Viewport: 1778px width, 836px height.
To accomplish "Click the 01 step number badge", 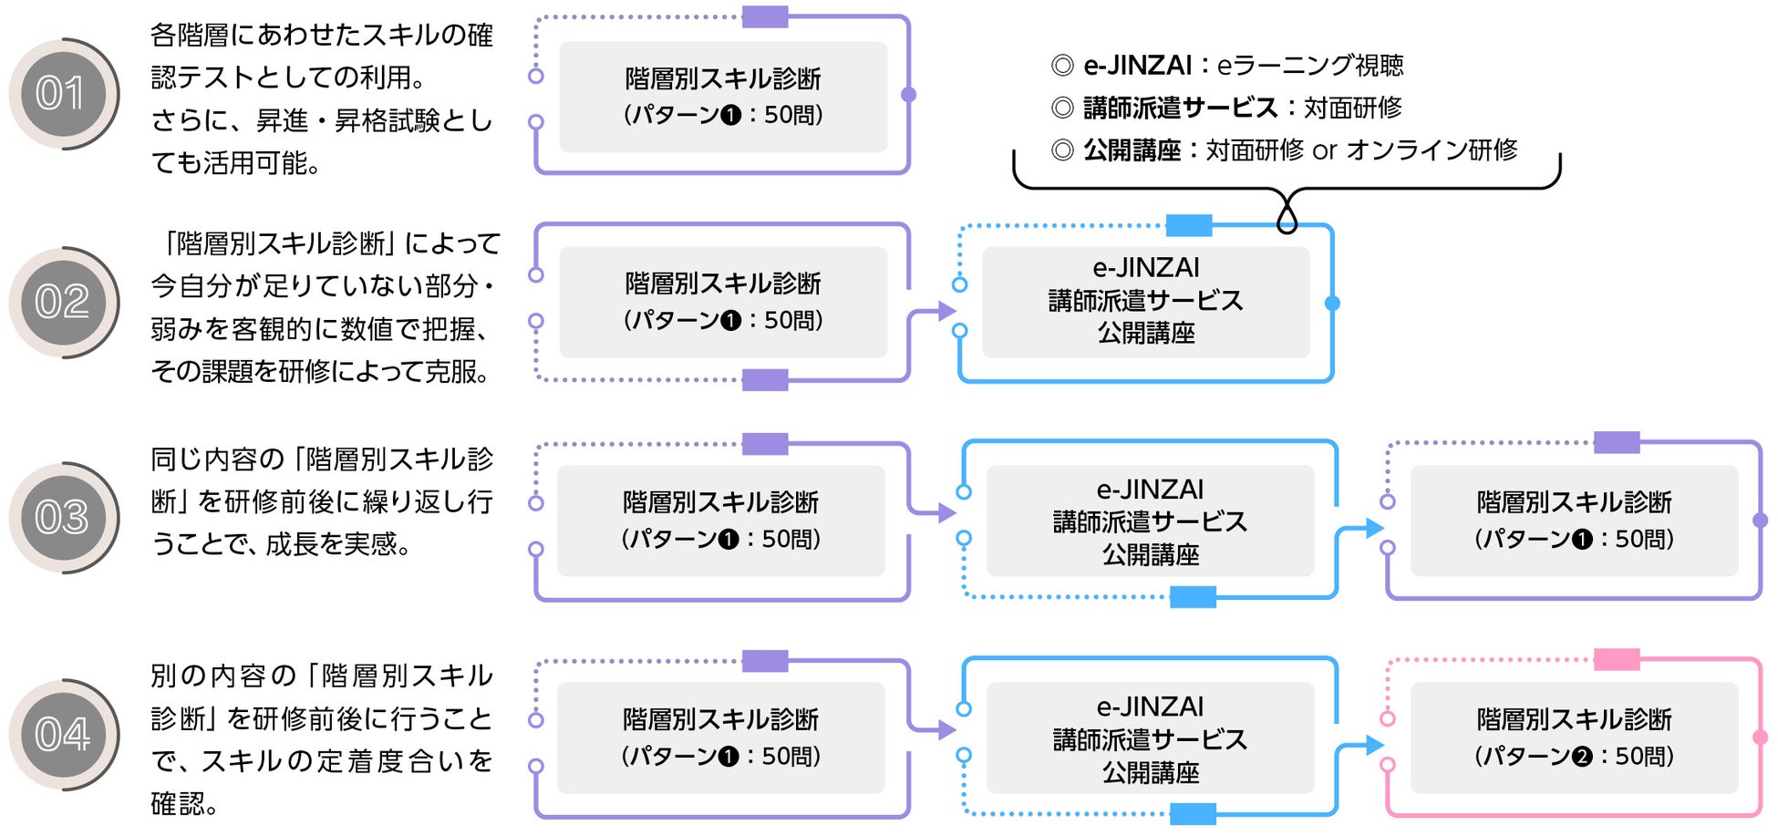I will pos(62,94).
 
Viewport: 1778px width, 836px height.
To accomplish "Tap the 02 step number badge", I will pos(62,303).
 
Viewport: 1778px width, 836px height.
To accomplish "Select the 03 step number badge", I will pos(62,518).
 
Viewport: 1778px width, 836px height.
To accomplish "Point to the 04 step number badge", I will pos(62,735).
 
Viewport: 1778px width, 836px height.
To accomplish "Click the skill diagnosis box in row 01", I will pos(723,97).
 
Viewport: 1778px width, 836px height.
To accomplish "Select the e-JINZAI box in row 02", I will pos(1145,301).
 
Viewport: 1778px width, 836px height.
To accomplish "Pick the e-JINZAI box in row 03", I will pos(1150,521).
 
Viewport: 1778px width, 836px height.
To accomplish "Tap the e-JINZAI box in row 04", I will pos(1150,738).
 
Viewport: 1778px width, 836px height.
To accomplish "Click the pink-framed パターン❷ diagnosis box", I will pos(1574,738).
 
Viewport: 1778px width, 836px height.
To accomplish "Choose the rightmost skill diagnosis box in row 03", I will pos(1574,521).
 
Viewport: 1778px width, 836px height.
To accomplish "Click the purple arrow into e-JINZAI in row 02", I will pos(945,311).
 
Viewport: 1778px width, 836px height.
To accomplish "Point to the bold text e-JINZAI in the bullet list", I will pos(1137,66).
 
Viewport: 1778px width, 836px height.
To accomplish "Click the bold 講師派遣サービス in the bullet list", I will pos(1180,108).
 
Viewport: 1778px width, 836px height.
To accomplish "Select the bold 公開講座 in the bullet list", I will pos(1132,150).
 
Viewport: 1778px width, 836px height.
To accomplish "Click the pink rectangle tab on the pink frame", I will pos(1617,659).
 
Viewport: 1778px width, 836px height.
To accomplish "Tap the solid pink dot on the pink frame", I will pos(1760,737).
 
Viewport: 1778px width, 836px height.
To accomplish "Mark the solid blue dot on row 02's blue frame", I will pos(1332,303).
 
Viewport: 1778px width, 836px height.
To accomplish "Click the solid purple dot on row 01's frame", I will pos(908,95).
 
